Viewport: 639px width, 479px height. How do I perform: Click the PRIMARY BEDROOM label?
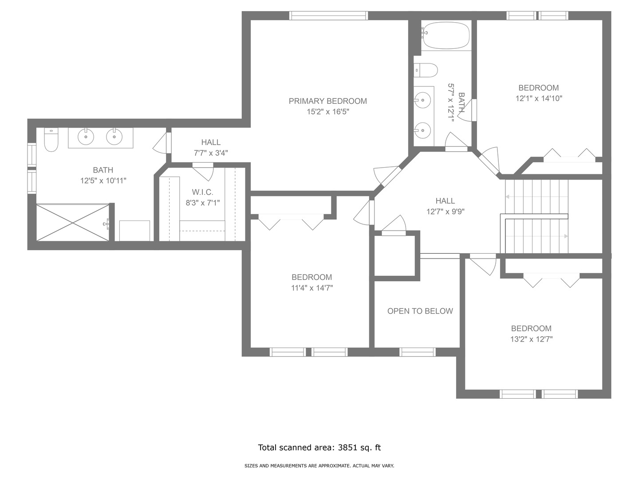coord(327,101)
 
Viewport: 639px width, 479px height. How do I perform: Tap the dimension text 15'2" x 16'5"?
coord(328,112)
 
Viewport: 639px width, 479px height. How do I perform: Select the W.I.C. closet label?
coord(203,192)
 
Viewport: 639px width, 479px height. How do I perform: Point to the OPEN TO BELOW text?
coord(420,311)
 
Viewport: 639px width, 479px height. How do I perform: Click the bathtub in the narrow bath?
coord(446,35)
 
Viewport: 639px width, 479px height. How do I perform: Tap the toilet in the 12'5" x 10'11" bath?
coord(51,140)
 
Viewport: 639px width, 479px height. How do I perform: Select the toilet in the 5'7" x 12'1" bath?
coord(426,70)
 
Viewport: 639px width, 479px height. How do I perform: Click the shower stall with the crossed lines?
coord(73,223)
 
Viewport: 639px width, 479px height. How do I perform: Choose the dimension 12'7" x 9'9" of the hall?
coord(446,212)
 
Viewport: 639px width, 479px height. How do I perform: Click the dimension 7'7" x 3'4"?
coord(211,153)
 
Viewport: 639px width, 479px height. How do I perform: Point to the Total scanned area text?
coord(319,448)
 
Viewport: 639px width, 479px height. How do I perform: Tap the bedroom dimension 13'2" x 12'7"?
coord(531,339)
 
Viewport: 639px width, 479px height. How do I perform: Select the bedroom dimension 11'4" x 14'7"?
coord(312,288)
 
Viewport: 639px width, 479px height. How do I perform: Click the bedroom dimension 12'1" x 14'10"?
coord(539,98)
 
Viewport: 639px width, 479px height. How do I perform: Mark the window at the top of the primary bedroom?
coord(329,16)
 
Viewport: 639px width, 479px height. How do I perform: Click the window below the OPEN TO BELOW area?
coord(418,352)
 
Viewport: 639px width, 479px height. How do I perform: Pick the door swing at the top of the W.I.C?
coord(203,172)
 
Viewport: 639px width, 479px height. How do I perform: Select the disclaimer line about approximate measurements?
coord(319,466)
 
